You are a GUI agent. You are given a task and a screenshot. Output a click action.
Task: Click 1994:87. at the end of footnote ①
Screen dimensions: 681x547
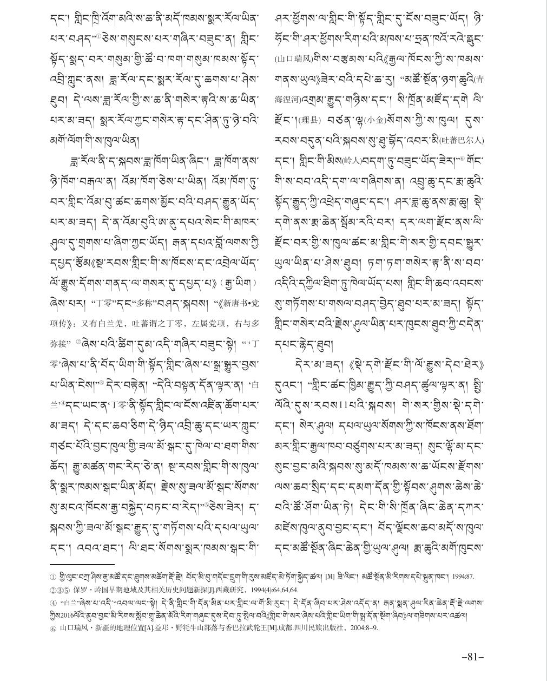click(x=460, y=577)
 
